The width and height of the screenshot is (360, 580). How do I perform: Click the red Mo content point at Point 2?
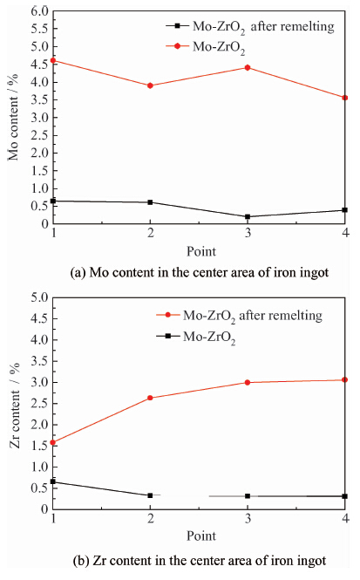(150, 85)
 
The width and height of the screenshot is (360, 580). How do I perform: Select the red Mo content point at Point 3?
(248, 68)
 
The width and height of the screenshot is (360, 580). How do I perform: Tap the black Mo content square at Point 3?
(248, 217)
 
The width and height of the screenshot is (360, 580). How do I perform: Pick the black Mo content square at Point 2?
(150, 202)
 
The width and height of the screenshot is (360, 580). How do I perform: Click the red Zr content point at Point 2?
(150, 398)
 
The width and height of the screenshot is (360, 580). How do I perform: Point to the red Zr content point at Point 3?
(248, 383)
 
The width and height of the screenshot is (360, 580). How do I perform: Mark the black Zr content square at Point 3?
(248, 496)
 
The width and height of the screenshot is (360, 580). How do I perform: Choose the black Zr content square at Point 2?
(150, 495)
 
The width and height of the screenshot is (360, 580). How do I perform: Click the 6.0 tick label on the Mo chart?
(39, 11)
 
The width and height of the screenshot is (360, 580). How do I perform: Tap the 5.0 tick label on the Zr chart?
(39, 297)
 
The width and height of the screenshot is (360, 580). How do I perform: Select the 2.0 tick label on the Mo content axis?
(39, 153)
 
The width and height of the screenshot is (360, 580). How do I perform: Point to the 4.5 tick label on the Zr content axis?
(39, 318)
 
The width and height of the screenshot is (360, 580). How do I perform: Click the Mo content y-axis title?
(13, 117)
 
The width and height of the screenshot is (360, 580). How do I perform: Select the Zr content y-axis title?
(15, 406)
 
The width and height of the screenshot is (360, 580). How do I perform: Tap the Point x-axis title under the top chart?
(201, 251)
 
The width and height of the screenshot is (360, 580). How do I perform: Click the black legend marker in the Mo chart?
(178, 26)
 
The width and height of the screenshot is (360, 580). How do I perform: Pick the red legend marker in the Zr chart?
(168, 315)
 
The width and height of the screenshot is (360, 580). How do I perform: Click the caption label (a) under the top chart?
(78, 273)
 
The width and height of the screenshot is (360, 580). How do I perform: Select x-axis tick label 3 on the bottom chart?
(248, 518)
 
